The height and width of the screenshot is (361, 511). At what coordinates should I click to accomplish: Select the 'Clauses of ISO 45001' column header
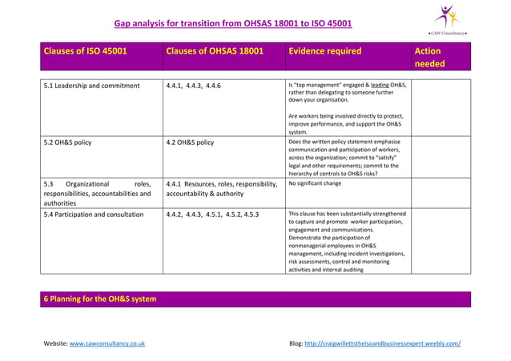[85, 51]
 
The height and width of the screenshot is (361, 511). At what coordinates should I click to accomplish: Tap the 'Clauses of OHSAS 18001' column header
[214, 51]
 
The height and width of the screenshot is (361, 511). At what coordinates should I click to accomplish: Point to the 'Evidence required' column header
[324, 51]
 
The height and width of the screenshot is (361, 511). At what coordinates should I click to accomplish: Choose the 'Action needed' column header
[429, 57]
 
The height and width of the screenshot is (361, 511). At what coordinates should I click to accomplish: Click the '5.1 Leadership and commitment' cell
[92, 86]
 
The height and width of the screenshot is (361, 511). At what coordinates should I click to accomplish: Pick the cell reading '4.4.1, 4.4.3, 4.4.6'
[194, 86]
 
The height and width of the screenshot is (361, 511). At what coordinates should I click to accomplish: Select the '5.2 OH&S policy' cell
[67, 142]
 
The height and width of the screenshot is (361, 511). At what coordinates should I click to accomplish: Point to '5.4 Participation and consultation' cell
[94, 215]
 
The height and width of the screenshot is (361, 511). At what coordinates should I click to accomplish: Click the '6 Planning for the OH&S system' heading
[100, 299]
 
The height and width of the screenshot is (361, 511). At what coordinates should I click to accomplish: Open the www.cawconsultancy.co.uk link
[107, 343]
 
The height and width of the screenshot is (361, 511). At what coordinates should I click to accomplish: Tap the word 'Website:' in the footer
[56, 343]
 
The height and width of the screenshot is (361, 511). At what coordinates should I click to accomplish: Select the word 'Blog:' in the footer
[296, 343]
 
